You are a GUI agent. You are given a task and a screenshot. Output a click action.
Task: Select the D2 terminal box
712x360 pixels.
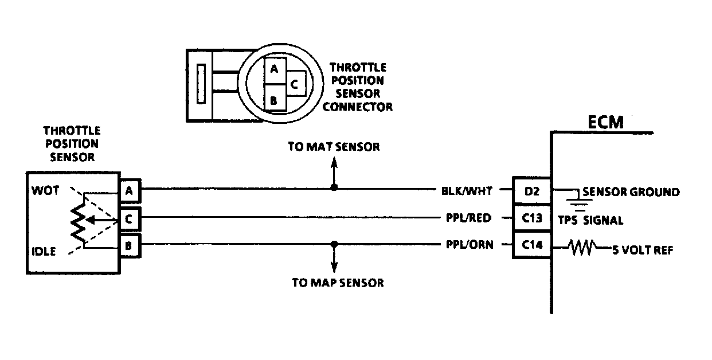click(x=531, y=192)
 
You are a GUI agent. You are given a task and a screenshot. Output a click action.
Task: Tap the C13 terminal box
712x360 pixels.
click(x=531, y=218)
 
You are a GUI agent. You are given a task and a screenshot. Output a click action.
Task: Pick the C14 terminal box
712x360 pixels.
click(x=531, y=245)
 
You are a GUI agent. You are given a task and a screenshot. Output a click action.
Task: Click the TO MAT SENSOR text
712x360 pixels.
click(x=334, y=147)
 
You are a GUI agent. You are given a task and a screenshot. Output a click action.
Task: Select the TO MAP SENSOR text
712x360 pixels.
click(x=337, y=283)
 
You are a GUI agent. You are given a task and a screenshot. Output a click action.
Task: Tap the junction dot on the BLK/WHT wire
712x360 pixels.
click(x=334, y=187)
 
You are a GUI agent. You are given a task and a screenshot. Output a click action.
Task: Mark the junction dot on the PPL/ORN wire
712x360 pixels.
click(x=334, y=245)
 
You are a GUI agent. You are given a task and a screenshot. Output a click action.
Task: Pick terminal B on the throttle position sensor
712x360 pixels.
click(x=130, y=248)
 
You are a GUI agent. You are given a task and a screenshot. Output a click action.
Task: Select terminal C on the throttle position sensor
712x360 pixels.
click(x=130, y=219)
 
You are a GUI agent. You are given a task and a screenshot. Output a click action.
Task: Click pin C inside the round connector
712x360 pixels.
click(x=294, y=84)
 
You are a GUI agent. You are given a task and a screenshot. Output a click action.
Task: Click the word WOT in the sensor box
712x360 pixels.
click(x=45, y=191)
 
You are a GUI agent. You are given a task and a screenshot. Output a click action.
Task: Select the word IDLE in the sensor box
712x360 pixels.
click(x=45, y=251)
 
